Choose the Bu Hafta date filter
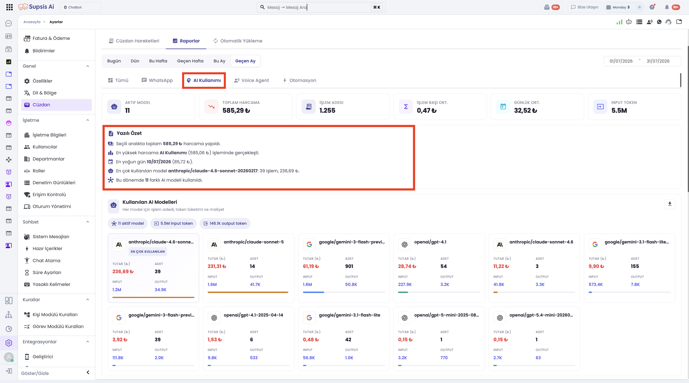coord(158,61)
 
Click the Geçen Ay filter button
coord(245,61)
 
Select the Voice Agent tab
coord(251,81)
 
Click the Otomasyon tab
coord(300,81)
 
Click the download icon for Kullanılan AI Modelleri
coord(670,204)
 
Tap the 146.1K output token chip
coord(225,224)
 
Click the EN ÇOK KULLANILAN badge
coord(148,252)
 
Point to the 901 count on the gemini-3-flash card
coord(349,266)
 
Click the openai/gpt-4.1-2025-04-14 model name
coord(253,315)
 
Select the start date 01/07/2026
coord(621,61)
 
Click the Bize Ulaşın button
coord(584,7)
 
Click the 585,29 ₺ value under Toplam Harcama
coord(236,110)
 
